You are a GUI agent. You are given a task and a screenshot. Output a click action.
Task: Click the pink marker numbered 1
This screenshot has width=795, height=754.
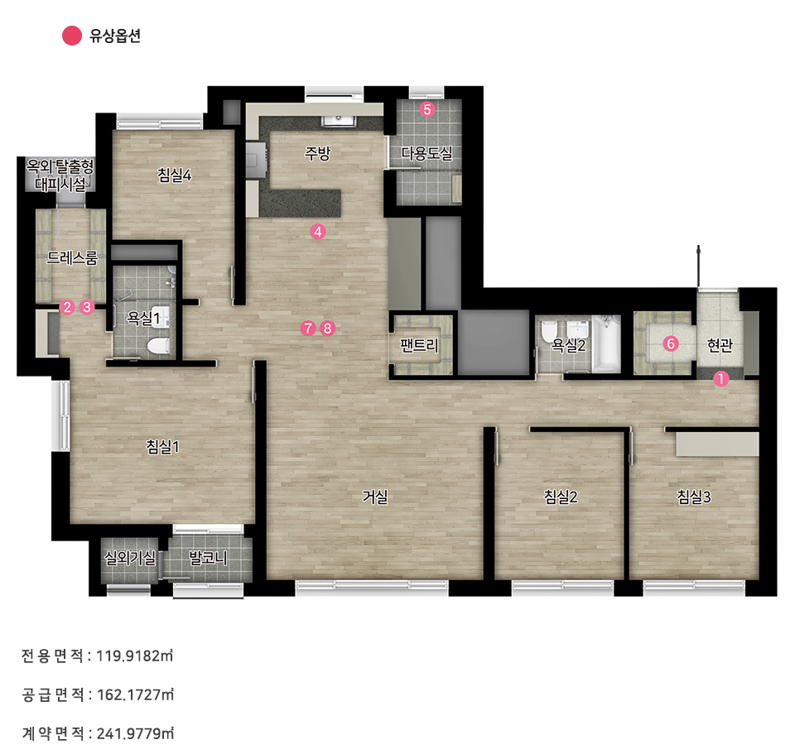[720, 378]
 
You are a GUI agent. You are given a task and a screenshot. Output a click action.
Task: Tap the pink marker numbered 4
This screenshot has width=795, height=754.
[317, 232]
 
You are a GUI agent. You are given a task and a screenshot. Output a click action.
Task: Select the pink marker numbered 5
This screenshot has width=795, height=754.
[427, 109]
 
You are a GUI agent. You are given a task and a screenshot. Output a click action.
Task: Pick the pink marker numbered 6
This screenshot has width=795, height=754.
[670, 343]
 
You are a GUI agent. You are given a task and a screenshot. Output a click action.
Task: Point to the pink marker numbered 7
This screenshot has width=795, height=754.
[308, 328]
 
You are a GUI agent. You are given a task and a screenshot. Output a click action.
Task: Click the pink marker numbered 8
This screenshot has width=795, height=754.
[328, 328]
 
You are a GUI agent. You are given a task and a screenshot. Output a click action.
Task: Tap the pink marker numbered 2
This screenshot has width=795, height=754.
[67, 307]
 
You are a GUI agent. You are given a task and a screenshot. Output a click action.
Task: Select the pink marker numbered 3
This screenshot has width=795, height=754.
[87, 307]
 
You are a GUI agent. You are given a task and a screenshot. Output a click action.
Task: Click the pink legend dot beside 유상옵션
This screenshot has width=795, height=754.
[72, 36]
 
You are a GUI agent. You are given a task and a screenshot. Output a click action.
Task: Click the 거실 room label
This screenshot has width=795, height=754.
[374, 497]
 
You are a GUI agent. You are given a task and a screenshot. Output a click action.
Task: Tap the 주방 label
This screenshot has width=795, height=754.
[317, 152]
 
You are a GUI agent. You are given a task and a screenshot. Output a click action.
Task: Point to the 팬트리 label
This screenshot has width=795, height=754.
[419, 346]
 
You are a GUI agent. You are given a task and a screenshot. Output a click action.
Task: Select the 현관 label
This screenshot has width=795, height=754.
[720, 345]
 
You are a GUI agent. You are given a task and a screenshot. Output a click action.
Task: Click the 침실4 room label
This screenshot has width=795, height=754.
[175, 175]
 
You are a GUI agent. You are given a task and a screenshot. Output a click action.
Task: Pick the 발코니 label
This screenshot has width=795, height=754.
[208, 558]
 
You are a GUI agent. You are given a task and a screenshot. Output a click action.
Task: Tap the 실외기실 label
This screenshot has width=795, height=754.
[130, 558]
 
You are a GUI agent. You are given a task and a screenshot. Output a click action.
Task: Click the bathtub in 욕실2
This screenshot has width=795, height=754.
[606, 343]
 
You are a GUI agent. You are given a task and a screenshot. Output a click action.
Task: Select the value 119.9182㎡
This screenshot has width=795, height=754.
[135, 656]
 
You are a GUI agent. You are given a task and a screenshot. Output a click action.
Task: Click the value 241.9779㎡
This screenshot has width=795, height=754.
[135, 733]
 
